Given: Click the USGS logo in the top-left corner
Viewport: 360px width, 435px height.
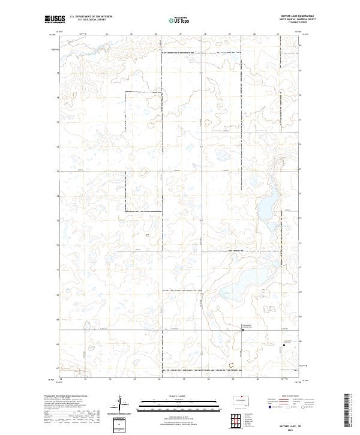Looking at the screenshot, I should (55, 19).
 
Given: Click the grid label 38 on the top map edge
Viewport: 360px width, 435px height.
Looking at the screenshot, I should (205, 34).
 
